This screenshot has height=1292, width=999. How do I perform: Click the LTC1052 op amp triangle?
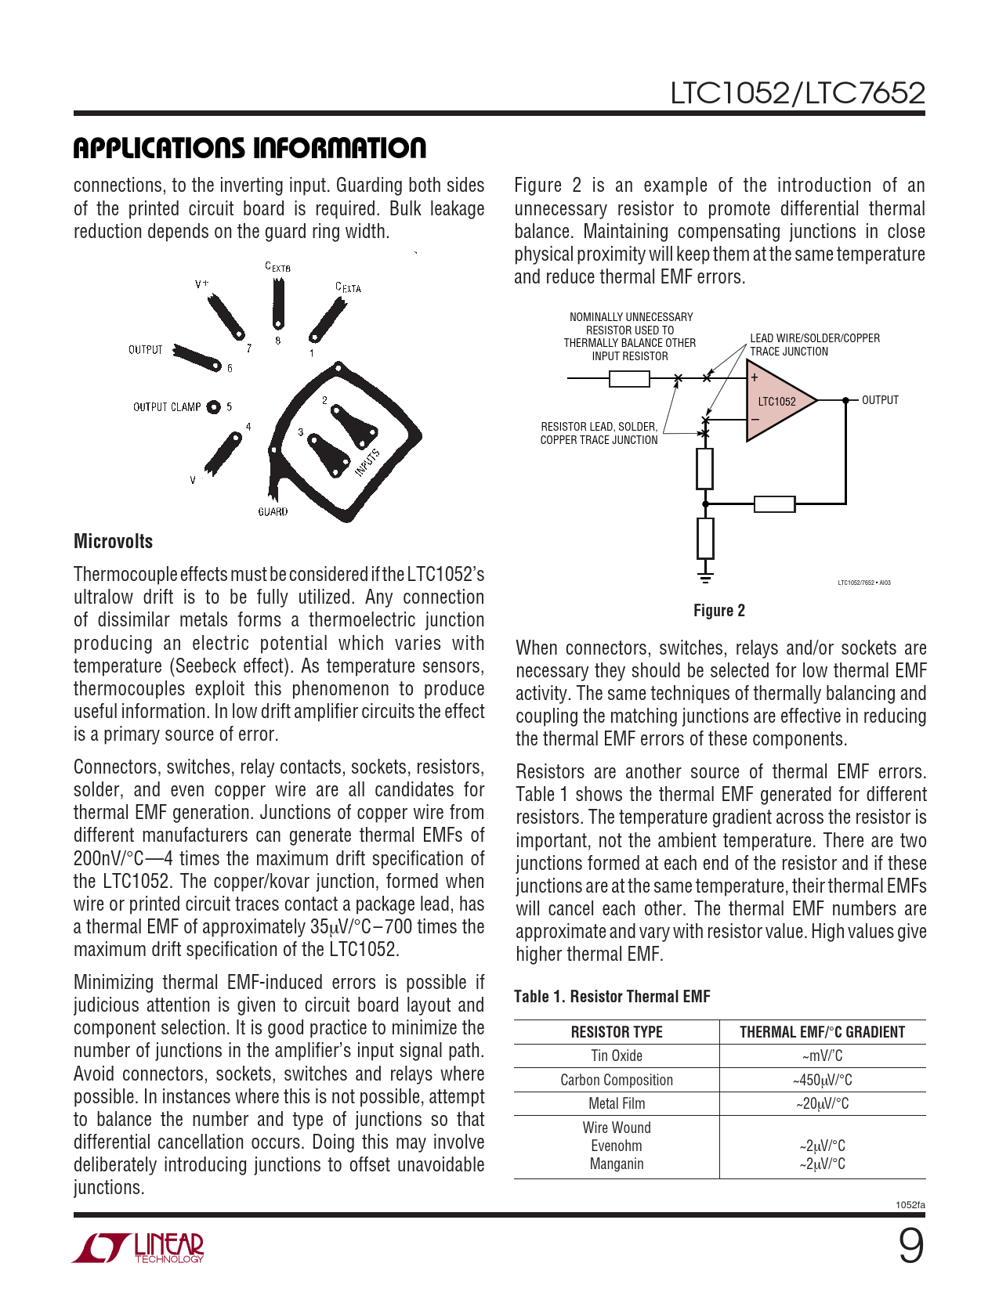click(776, 401)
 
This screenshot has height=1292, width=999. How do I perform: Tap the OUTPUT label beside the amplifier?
click(880, 400)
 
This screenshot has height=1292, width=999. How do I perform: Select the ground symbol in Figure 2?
click(705, 578)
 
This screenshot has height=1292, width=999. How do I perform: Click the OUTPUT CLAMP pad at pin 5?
click(213, 406)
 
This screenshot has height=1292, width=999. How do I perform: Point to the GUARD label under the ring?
click(273, 511)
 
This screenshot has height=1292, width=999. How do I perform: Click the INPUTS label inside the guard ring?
click(367, 463)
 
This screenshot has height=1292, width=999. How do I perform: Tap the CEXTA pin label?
click(348, 287)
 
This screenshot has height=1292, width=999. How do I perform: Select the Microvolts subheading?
click(113, 541)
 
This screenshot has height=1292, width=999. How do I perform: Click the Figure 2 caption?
click(718, 611)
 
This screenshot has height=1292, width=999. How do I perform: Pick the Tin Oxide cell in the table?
click(616, 1056)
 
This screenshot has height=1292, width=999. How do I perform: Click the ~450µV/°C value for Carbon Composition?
click(822, 1080)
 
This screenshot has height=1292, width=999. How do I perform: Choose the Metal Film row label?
click(616, 1103)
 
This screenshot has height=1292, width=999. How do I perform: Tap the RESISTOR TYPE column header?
click(616, 1032)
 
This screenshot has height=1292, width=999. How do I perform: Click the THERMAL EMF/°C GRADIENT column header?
click(822, 1032)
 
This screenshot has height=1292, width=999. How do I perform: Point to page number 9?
click(910, 1247)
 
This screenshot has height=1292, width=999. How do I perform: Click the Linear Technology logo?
click(139, 1247)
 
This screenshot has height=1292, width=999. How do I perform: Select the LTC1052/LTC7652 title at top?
click(797, 93)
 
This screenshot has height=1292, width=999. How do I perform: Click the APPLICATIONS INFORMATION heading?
click(249, 148)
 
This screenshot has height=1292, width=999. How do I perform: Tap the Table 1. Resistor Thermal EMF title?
click(611, 996)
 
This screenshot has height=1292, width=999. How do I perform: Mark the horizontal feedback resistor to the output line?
click(774, 503)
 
